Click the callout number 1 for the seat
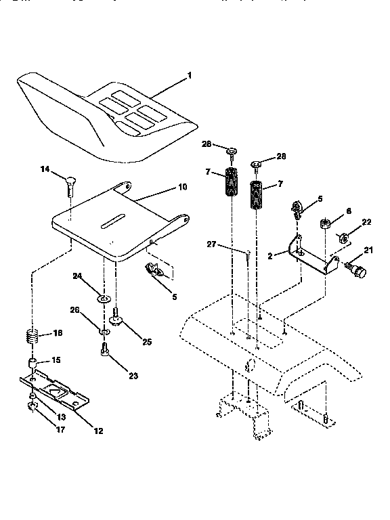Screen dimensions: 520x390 pyautogui.click(x=189, y=75)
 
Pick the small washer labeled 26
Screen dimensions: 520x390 pyautogui.click(x=104, y=332)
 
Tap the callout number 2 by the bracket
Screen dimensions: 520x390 pyautogui.click(x=270, y=256)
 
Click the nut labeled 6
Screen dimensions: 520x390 pyautogui.click(x=324, y=223)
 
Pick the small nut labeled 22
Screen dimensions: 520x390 pyautogui.click(x=343, y=238)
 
